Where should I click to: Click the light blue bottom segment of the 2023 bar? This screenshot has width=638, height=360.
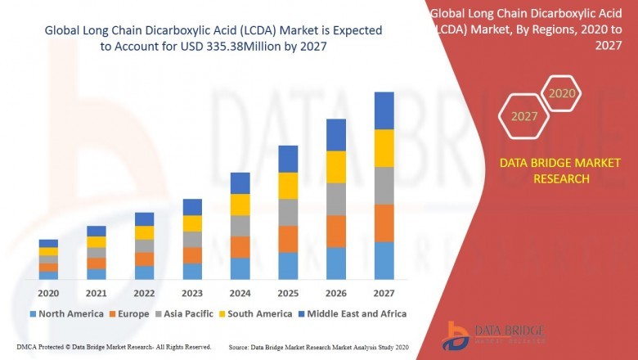coord(191,272)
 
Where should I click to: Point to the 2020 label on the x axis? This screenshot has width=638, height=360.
coord(48,293)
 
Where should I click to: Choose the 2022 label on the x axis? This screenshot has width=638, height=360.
coord(144,293)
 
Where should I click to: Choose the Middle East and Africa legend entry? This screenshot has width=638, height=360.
coord(353,313)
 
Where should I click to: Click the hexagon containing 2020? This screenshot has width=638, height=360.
coord(562,93)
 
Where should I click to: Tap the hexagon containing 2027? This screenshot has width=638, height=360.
coord(524,116)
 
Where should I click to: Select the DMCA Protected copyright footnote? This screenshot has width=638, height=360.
coord(113,347)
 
